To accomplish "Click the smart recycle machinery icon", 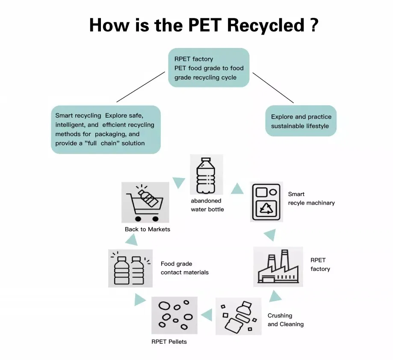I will (x=266, y=202).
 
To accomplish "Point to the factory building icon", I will (x=278, y=267).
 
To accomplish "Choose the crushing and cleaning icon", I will (x=238, y=316).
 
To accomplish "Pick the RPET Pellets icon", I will (x=174, y=315).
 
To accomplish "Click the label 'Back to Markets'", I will (x=148, y=229).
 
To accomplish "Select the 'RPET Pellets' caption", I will (x=169, y=342).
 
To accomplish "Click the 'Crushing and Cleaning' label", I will (x=285, y=320).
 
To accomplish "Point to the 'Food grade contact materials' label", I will (x=184, y=268).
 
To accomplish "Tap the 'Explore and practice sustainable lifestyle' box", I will (x=301, y=121).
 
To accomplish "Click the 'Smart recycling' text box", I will (x=106, y=129).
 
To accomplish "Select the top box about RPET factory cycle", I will (x=209, y=68).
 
